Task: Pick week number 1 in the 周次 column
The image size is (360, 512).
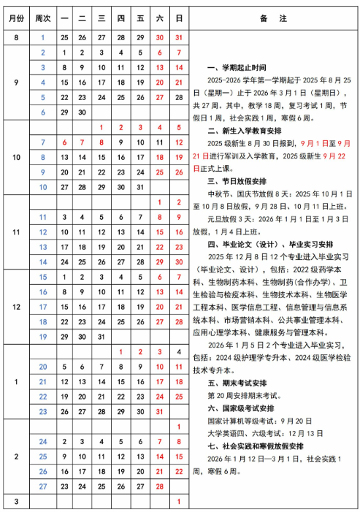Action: tap(43, 37)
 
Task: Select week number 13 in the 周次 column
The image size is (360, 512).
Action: tap(43, 246)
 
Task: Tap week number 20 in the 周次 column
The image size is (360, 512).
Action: tap(43, 366)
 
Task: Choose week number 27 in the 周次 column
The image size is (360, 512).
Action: tap(43, 485)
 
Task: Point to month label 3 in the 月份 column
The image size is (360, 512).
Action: tap(15, 501)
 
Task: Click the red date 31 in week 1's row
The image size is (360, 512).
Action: tap(179, 37)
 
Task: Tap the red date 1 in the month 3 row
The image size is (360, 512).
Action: tap(179, 501)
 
